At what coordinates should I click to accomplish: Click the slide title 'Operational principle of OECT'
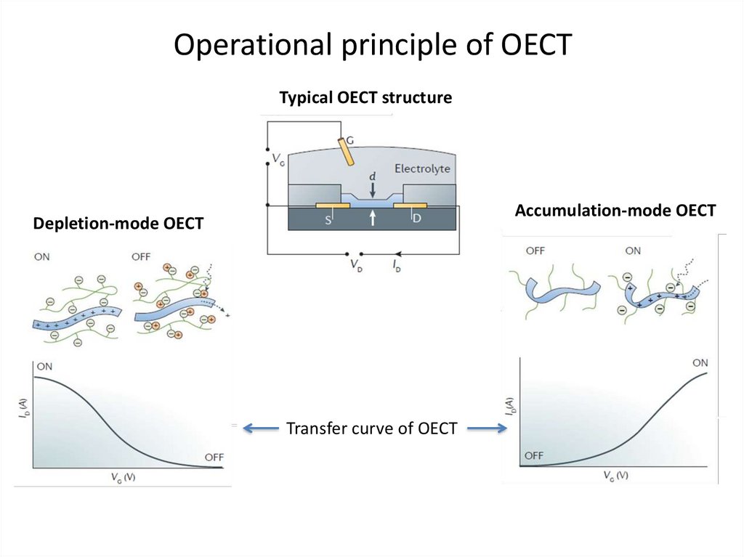click(373, 44)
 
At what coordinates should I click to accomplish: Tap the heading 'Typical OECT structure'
click(365, 97)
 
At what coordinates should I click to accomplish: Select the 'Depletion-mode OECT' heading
click(118, 223)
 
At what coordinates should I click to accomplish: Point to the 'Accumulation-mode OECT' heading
click(615, 210)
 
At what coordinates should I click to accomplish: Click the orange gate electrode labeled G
click(346, 151)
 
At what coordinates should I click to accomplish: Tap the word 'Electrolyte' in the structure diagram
click(422, 168)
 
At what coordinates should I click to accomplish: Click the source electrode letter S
click(328, 220)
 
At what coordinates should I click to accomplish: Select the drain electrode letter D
click(416, 219)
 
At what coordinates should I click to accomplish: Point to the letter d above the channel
click(373, 176)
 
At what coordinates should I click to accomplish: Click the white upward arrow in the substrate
click(373, 218)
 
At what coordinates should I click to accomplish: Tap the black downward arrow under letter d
click(373, 190)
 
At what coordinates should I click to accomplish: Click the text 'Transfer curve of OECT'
click(371, 428)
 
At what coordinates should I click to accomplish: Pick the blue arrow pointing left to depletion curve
click(261, 428)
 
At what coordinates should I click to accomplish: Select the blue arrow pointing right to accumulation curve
click(488, 428)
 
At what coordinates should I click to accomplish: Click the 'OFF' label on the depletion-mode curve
click(214, 458)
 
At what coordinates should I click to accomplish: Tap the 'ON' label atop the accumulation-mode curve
click(700, 363)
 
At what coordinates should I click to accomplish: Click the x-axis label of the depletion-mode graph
click(124, 477)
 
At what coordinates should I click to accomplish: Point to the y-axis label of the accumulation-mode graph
click(510, 407)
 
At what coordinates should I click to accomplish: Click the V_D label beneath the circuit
click(356, 265)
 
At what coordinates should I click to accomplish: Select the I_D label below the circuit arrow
click(397, 266)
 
